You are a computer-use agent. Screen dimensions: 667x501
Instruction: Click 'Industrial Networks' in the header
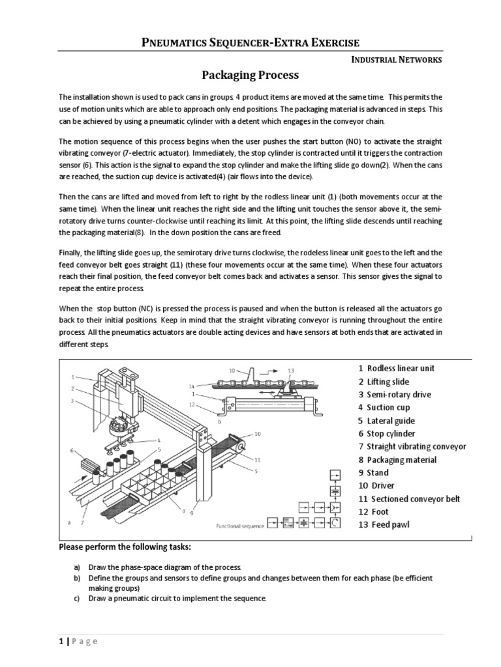397,60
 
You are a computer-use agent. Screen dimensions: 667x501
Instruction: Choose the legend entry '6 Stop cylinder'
386,434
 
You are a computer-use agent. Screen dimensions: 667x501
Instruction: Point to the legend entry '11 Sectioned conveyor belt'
409,499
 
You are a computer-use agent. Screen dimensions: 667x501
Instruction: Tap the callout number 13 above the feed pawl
291,369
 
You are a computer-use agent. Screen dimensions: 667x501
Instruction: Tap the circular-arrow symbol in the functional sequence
335,522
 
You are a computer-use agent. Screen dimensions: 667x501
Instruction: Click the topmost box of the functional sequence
335,474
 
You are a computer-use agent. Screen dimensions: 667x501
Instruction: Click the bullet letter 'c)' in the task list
76,599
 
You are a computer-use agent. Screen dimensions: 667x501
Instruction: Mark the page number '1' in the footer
61,642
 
